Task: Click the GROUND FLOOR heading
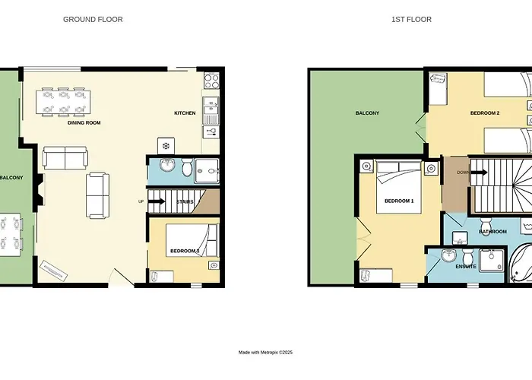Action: [93, 19]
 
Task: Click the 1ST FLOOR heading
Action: [412, 19]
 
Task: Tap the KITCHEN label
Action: [185, 113]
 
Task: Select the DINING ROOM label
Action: [84, 123]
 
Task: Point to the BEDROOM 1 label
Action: [399, 201]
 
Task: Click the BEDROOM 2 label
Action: [485, 113]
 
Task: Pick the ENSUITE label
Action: [466, 267]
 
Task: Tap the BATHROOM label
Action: [493, 232]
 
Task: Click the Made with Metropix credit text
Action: [266, 353]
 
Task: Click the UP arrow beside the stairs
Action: [157, 201]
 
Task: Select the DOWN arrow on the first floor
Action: [479, 173]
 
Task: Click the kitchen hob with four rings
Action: [212, 81]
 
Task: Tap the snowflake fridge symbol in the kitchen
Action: [166, 146]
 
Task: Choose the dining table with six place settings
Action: [64, 101]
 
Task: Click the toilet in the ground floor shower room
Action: [187, 167]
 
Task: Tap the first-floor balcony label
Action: [367, 113]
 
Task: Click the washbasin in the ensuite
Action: [449, 255]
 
